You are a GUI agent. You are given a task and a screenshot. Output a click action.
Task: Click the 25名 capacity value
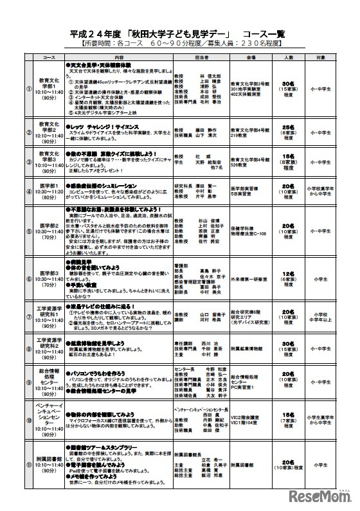[287, 128]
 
